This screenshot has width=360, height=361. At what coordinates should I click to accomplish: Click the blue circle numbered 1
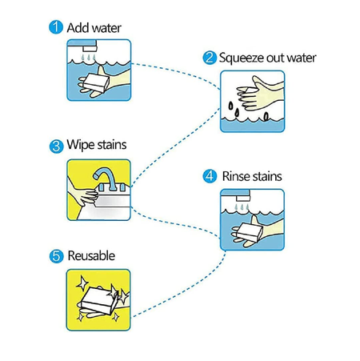point(56,27)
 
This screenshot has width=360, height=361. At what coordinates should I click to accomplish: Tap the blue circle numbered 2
point(210,58)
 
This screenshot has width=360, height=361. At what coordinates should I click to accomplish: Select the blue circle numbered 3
point(56,146)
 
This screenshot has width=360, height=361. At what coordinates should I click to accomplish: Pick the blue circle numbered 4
point(210,176)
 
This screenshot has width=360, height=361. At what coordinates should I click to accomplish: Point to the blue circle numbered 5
point(56,256)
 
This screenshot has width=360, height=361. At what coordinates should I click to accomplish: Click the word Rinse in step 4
point(236,176)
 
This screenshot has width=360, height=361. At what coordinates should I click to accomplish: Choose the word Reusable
point(91,255)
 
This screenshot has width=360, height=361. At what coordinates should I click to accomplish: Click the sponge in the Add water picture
point(96,82)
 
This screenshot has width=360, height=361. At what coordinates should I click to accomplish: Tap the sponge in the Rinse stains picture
point(250,231)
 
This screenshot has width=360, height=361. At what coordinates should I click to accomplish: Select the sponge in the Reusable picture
point(99,301)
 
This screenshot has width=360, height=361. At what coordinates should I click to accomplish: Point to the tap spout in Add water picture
point(90,49)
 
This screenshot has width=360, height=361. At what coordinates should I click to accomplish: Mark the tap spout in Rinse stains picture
point(243,198)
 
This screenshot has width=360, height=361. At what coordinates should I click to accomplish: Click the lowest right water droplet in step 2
point(266,117)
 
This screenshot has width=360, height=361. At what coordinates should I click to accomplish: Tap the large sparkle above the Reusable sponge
point(82,283)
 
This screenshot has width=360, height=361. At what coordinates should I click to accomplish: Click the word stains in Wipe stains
point(111,145)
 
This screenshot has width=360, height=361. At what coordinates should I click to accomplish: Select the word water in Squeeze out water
point(302,58)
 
